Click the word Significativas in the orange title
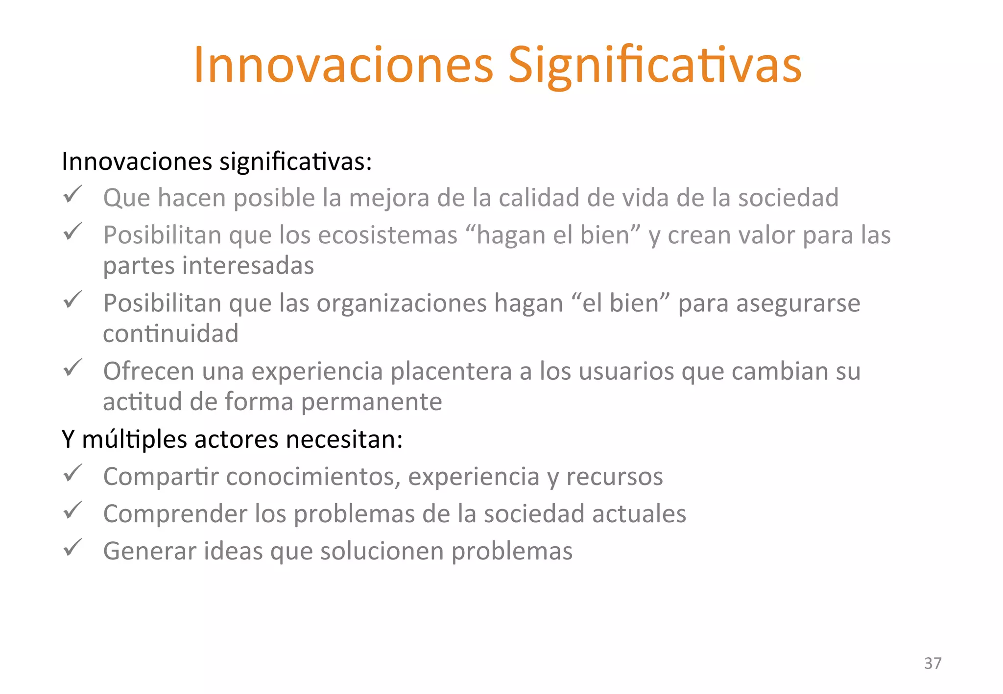654,65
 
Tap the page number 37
932,663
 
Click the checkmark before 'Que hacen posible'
72,195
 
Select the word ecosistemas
387,235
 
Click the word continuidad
170,334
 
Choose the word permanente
371,402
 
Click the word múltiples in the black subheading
134,439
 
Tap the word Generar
149,551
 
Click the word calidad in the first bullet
539,198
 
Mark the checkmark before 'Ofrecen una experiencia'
72,368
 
